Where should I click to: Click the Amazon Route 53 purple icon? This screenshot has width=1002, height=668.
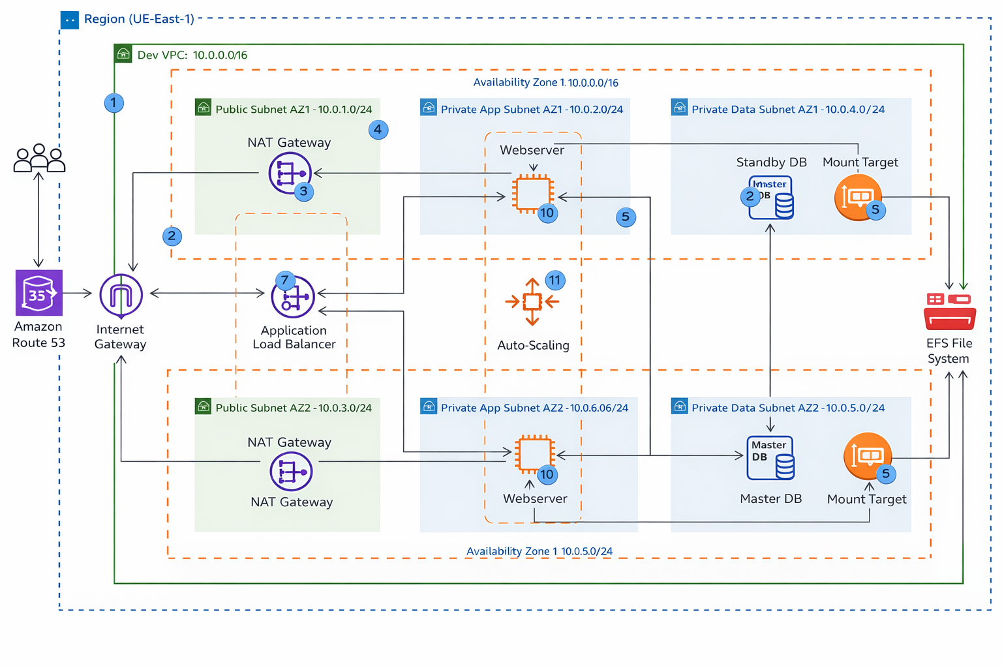click(x=39, y=293)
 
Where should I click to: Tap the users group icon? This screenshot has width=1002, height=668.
click(x=39, y=158)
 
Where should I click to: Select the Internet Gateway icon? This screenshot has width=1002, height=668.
click(x=121, y=296)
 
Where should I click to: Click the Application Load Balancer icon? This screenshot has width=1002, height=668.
click(x=294, y=297)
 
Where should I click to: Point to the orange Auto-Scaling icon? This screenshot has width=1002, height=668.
click(x=532, y=301)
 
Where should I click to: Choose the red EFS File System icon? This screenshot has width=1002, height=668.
click(x=949, y=311)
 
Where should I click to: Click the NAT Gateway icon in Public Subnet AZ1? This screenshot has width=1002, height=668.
click(x=289, y=173)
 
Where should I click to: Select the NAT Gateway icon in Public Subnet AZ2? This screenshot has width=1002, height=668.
click(x=291, y=471)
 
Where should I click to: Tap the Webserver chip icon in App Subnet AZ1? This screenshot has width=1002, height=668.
click(x=533, y=194)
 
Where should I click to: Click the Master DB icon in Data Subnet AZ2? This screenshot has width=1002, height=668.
click(x=770, y=458)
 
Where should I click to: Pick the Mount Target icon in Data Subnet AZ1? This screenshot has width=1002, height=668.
click(x=858, y=196)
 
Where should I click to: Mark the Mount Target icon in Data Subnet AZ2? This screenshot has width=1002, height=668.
click(x=867, y=455)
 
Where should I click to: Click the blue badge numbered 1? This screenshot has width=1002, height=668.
click(x=114, y=102)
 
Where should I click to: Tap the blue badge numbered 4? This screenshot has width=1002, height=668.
click(x=378, y=129)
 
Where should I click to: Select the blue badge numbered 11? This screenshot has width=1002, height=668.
click(x=554, y=281)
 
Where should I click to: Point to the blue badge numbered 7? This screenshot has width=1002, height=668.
click(x=284, y=281)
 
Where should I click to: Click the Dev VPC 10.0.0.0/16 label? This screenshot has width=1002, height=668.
click(x=192, y=55)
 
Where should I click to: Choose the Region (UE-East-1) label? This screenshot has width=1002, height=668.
click(x=139, y=19)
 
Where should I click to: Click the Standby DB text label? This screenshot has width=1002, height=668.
click(x=771, y=162)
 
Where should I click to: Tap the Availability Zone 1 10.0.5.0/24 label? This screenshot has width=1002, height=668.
click(x=539, y=551)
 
